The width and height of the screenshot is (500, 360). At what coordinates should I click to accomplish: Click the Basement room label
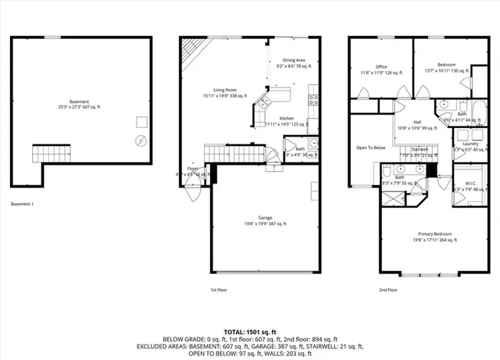[78, 104]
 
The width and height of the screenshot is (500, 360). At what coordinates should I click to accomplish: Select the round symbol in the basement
[141, 141]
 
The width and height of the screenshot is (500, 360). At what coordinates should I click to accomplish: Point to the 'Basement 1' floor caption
[22, 204]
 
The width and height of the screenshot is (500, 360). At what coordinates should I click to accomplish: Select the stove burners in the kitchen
[313, 99]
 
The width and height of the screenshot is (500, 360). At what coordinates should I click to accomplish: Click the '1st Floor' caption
[219, 290]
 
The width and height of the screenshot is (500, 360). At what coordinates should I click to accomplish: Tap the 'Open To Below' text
[370, 148]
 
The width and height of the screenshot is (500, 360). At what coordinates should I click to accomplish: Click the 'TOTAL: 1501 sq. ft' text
[249, 331]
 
